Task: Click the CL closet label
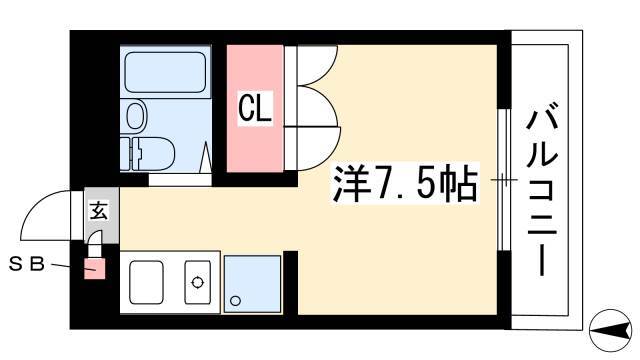255,108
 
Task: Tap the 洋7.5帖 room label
405,183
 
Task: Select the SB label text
27,264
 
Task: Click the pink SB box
95,269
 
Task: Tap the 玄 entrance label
99,210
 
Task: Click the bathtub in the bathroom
165,72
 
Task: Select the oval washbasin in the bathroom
136,116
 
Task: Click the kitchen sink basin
147,282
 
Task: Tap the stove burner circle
198,282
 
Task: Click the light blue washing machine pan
253,284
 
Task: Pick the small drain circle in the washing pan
236,301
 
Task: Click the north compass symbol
611,330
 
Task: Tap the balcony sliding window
504,180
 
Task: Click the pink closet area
255,109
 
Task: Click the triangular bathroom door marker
206,157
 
